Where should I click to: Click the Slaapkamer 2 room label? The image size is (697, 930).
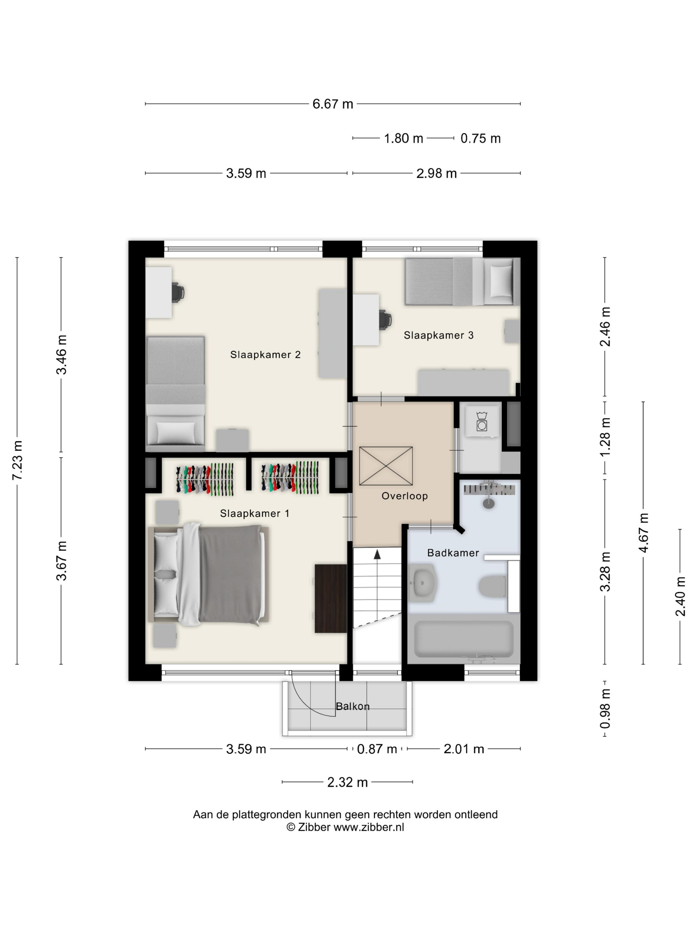click(265, 354)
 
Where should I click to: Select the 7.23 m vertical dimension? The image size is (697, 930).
click(18, 460)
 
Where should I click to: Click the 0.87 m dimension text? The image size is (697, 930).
click(377, 749)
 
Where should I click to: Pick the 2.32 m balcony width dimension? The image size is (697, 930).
click(347, 782)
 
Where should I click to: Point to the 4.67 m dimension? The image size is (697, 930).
click(643, 533)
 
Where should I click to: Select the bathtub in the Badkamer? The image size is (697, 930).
click(464, 639)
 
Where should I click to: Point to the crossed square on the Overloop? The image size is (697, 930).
click(386, 466)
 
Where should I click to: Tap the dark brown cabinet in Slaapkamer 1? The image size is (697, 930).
click(331, 598)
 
